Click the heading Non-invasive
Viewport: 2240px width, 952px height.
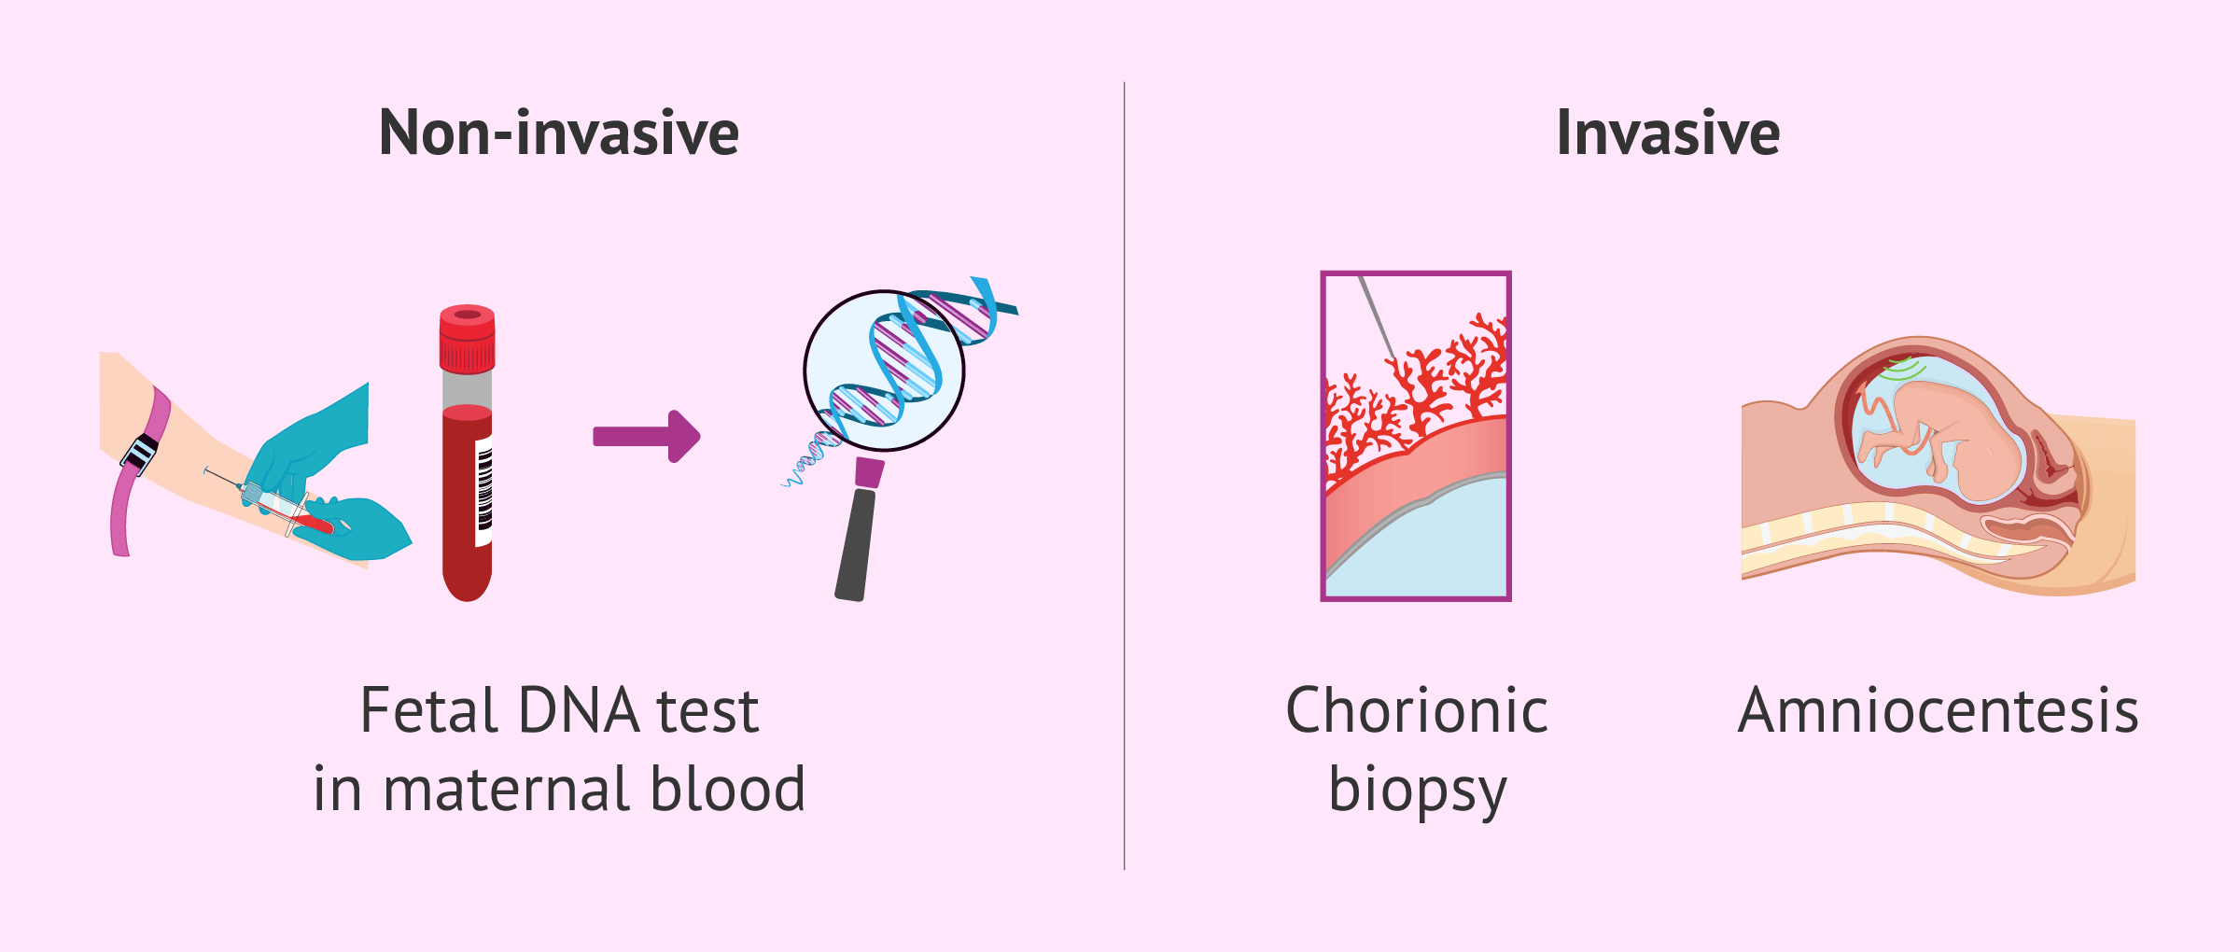(x=559, y=133)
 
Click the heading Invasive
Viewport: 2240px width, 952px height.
(x=1668, y=133)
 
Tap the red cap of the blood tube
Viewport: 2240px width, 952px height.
(x=468, y=338)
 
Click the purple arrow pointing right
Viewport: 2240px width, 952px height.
(x=646, y=436)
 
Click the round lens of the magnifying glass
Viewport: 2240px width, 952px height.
(x=884, y=371)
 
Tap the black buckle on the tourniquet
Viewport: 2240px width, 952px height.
(x=140, y=454)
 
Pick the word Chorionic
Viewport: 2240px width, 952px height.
(x=1417, y=711)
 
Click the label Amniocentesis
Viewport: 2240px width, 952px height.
(x=1939, y=711)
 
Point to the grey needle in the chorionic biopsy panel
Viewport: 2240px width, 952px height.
(x=1378, y=317)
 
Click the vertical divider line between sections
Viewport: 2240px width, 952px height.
(x=1125, y=476)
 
